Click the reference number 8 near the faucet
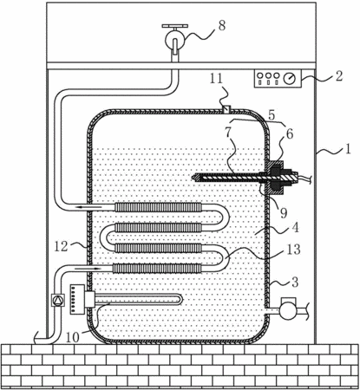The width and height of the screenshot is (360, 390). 221,25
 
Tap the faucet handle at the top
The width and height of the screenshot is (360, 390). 175,26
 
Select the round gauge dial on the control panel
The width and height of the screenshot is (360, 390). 290,78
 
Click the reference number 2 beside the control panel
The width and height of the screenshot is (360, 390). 338,75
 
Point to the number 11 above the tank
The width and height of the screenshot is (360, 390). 216,79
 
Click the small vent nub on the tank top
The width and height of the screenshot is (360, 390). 227,109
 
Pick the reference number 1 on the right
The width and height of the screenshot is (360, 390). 348,149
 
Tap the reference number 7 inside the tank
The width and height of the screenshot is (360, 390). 228,132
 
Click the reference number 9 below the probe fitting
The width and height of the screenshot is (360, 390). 284,213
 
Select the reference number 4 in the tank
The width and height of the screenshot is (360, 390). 295,228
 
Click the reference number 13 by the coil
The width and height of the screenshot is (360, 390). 294,250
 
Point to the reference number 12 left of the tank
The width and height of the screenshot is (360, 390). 61,246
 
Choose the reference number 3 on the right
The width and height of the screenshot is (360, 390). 295,283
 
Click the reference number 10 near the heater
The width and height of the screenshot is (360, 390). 73,337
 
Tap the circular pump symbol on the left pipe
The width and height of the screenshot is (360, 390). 58,301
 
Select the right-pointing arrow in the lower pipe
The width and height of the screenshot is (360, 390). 88,269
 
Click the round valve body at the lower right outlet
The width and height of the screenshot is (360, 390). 288,311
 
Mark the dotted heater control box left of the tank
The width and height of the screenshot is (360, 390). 77,299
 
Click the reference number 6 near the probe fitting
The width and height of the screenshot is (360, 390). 290,133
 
